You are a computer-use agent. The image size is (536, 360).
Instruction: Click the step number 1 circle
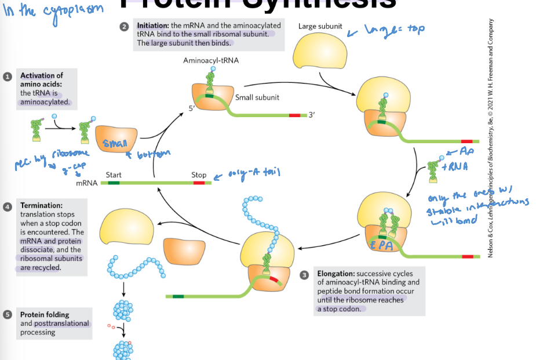(x=7, y=77)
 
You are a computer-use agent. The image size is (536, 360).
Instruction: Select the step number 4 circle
(x=7, y=206)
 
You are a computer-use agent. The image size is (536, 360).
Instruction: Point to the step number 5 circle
(x=7, y=314)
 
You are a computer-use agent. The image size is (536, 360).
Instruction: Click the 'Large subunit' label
(x=320, y=27)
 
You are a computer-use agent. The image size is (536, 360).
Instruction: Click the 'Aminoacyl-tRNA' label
(x=210, y=60)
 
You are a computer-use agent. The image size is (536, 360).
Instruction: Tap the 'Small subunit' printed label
(x=257, y=97)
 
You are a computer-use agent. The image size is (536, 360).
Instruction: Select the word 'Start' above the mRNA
(x=114, y=174)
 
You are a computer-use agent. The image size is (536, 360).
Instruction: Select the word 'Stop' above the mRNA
(x=199, y=174)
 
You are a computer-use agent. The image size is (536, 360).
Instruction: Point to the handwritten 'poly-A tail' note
(x=250, y=173)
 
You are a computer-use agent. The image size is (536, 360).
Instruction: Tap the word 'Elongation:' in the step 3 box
(x=336, y=273)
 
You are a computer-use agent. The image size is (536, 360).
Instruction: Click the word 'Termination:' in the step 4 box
(x=41, y=205)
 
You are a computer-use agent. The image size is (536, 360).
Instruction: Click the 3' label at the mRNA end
(x=311, y=115)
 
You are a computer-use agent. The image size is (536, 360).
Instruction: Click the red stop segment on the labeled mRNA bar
(x=199, y=183)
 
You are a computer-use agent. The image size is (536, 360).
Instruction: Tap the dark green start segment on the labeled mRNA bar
(x=114, y=183)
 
